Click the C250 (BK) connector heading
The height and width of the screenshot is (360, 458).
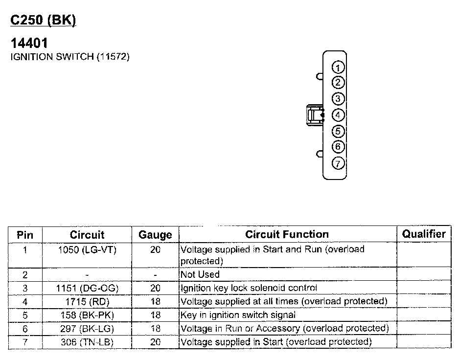[44, 21]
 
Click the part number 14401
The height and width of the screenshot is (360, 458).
[29, 44]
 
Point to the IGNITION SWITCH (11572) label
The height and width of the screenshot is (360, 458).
[70, 57]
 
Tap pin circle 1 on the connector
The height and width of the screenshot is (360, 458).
[338, 67]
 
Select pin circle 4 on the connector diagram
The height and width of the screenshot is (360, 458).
[338, 115]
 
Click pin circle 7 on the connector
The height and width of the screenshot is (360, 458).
[338, 163]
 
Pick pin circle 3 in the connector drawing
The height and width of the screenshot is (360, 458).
[338, 99]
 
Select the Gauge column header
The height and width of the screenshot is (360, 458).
[155, 235]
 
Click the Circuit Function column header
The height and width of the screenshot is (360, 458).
[287, 234]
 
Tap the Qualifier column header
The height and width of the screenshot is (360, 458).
[424, 234]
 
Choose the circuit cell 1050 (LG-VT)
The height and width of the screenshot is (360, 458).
[87, 250]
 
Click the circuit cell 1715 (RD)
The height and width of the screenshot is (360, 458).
[87, 301]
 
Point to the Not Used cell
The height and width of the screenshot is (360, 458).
[200, 275]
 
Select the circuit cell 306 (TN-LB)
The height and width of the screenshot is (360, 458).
[87, 342]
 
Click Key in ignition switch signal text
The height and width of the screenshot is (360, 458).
[238, 315]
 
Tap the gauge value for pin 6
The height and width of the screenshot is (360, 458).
[155, 329]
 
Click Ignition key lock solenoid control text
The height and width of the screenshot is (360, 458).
[249, 288]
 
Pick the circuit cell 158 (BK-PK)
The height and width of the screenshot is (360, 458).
[87, 315]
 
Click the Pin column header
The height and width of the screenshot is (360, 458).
[25, 235]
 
